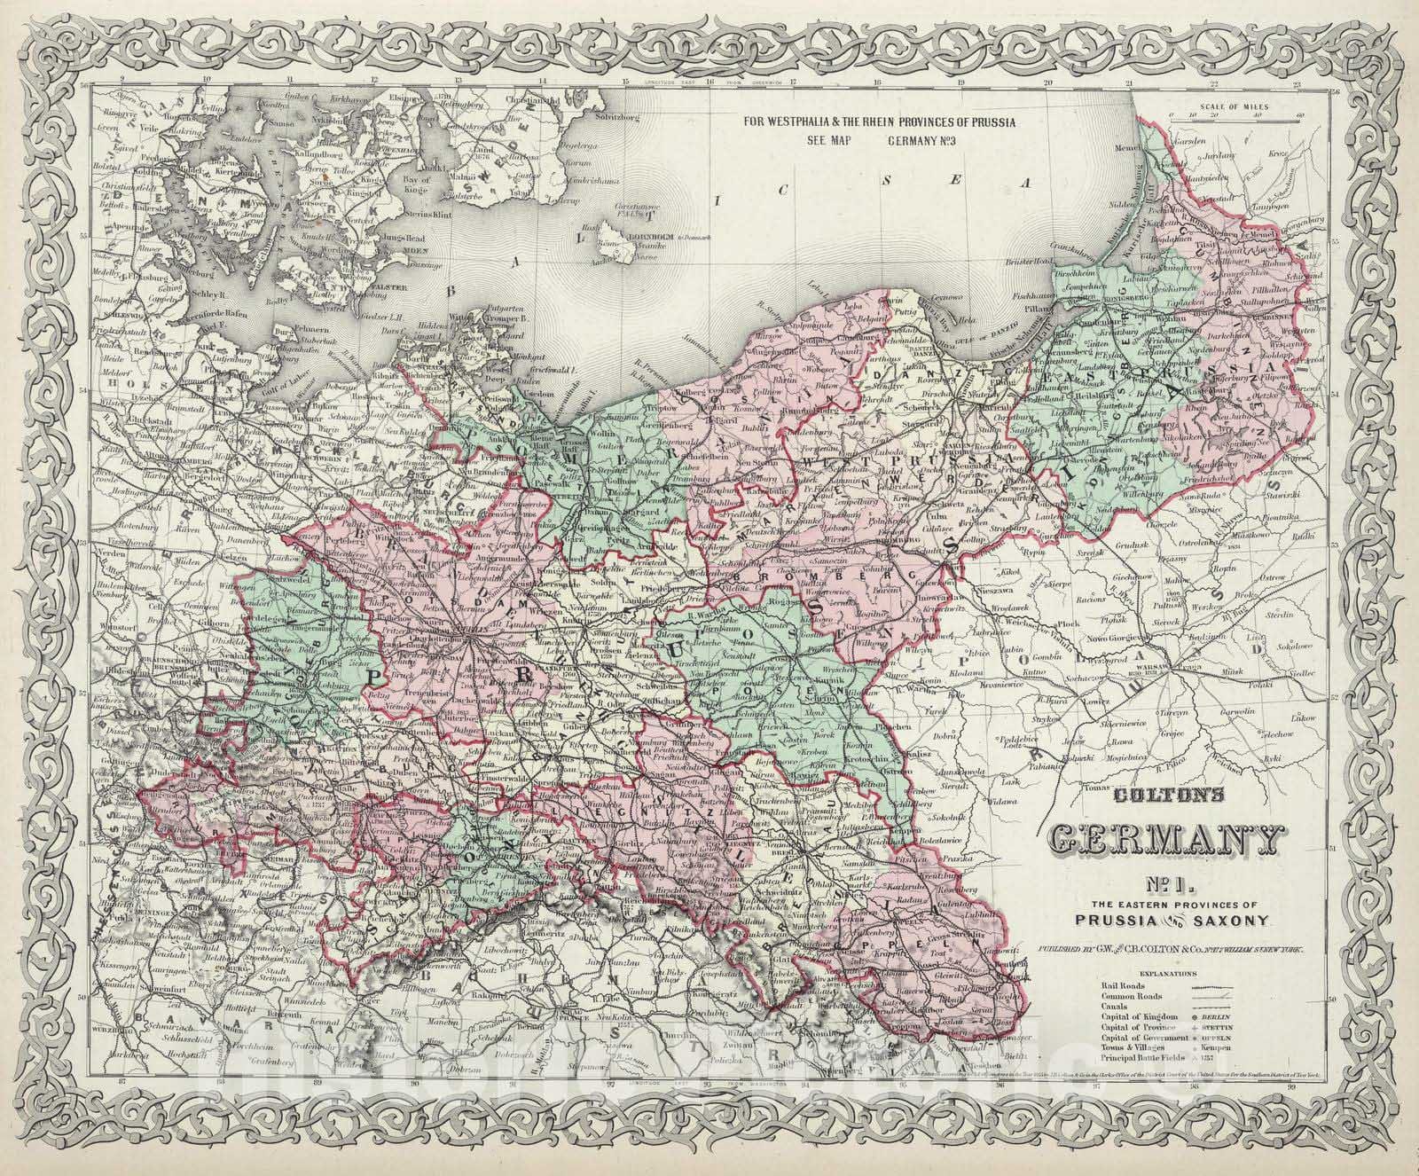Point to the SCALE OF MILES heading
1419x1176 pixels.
coord(1235,106)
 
